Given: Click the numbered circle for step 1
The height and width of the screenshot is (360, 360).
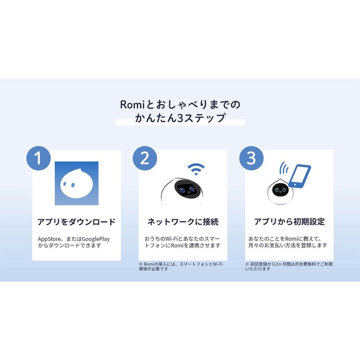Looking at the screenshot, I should pos(38,158).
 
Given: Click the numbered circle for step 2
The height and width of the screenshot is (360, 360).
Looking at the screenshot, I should pos(145,158).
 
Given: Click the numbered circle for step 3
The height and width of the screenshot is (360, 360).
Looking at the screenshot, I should pos(251,158).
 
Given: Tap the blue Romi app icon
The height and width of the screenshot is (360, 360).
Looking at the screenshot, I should pos(76,183).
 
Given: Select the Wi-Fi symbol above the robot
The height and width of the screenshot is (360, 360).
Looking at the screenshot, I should pos(196,169).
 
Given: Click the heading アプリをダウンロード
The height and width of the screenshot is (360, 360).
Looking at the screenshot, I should pos(76,222).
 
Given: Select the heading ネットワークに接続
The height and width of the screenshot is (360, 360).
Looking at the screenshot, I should pos(183,222).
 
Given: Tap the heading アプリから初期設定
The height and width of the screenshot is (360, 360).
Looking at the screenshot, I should pos(289,222).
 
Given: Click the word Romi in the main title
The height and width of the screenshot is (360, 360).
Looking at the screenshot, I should pos(130,105).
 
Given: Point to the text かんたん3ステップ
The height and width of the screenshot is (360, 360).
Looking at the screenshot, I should pos(180,119).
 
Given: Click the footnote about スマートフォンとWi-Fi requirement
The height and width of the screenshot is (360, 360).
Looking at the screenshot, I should pos(180,266).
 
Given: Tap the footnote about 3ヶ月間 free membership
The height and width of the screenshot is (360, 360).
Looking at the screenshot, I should pos(288,266).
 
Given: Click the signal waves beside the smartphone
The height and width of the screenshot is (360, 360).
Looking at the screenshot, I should pos(284,167).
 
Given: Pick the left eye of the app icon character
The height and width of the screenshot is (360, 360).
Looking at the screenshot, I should pos(65,185).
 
